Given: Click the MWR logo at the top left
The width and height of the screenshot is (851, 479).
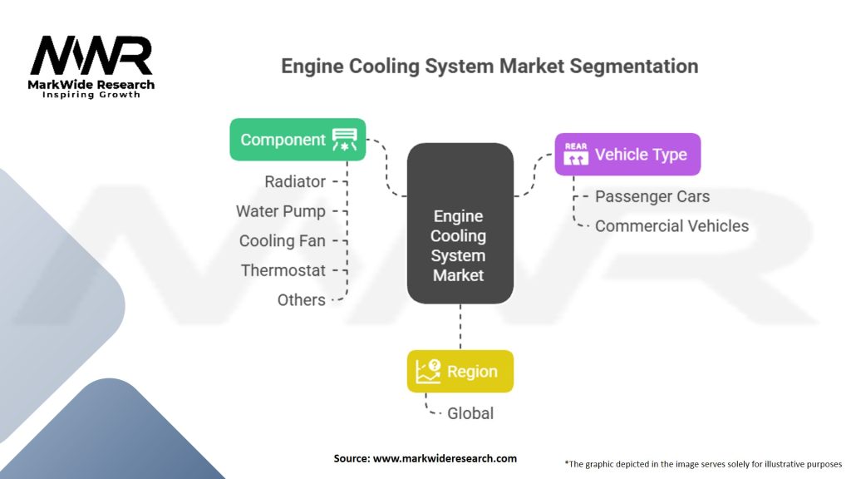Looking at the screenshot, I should click(x=91, y=57).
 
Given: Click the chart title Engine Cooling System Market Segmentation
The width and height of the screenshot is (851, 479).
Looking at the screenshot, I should click(x=489, y=66).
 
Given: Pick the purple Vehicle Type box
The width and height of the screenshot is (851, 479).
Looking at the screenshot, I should click(x=627, y=155).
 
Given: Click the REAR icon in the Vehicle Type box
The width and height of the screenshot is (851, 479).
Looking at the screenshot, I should click(x=576, y=155).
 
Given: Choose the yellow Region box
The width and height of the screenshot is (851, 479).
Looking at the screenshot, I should click(x=460, y=372).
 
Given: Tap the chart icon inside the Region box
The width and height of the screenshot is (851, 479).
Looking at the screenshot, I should click(x=428, y=372).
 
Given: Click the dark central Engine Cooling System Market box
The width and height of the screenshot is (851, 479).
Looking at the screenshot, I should click(x=459, y=223).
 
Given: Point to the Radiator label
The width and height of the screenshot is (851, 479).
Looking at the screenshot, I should click(x=295, y=181).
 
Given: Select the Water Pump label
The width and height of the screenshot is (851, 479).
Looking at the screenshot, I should click(x=281, y=211).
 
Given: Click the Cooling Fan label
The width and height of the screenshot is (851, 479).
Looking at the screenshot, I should click(x=283, y=241).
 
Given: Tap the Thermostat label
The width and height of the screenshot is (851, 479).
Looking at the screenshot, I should click(x=283, y=270).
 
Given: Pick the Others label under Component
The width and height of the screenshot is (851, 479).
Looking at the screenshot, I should click(x=302, y=300).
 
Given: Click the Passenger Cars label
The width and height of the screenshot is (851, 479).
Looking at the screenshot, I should click(x=652, y=197).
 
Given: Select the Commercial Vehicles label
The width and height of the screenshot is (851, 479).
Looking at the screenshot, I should click(x=671, y=226).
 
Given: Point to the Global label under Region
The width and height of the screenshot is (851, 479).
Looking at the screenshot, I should click(x=470, y=413).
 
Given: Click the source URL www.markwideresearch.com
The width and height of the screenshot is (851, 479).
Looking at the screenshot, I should click(x=425, y=458).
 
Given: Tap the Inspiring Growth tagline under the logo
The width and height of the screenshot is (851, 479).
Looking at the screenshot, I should click(x=91, y=95).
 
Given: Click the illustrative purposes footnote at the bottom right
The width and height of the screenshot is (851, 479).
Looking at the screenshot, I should click(x=703, y=463).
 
